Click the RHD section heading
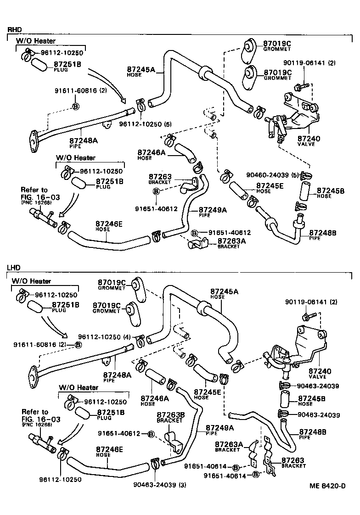point(14,30)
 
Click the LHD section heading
point(14,268)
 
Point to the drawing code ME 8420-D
point(327,486)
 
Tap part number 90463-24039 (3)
point(160,485)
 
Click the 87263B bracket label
point(170,417)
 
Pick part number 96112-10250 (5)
point(145,124)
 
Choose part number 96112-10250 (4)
point(104,337)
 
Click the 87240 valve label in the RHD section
point(309,141)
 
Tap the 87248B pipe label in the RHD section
point(322,235)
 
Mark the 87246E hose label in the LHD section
point(109,452)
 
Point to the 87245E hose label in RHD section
point(270,188)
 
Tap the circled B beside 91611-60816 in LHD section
point(78,345)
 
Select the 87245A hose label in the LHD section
point(225,294)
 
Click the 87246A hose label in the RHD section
point(152,155)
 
